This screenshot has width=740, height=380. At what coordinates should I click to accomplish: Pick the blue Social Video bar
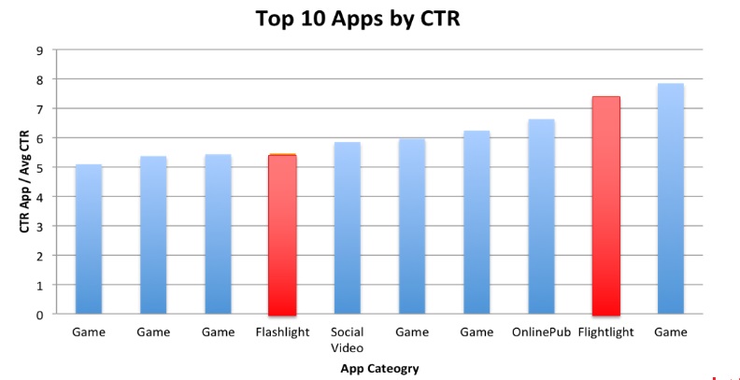tap(347, 229)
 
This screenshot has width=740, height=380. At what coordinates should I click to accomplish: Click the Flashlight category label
tap(282, 332)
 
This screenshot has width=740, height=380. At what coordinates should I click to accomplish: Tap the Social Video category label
tap(347, 340)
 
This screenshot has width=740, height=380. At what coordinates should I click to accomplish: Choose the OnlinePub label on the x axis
tap(540, 332)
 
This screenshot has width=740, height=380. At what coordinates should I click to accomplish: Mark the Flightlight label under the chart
tap(605, 332)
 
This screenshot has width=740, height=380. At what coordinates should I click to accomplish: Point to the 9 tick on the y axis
tap(39, 50)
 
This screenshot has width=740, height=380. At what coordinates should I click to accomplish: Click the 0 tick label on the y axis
tap(39, 315)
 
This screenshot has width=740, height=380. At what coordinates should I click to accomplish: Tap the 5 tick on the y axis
tap(39, 168)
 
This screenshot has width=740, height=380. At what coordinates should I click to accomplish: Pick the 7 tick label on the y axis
tap(39, 109)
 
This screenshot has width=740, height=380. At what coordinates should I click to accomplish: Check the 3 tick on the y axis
tap(39, 227)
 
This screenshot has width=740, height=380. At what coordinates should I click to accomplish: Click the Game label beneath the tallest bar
tap(670, 332)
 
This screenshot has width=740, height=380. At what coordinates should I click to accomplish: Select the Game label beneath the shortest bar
tap(89, 332)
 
